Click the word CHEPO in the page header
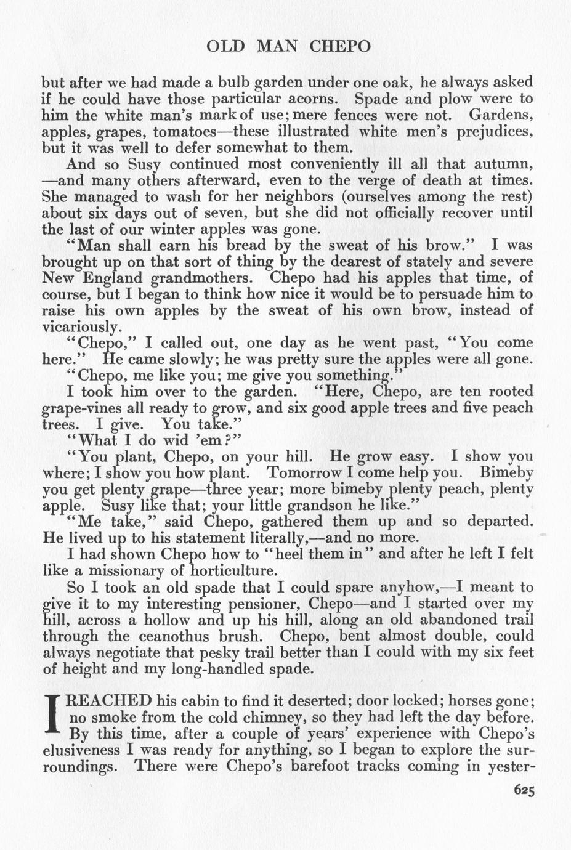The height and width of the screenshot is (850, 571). pyautogui.click(x=339, y=47)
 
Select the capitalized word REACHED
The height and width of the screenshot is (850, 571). pyautogui.click(x=112, y=701)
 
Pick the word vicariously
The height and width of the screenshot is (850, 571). pyautogui.click(x=80, y=326)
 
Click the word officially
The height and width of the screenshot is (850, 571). pyautogui.click(x=399, y=213)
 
